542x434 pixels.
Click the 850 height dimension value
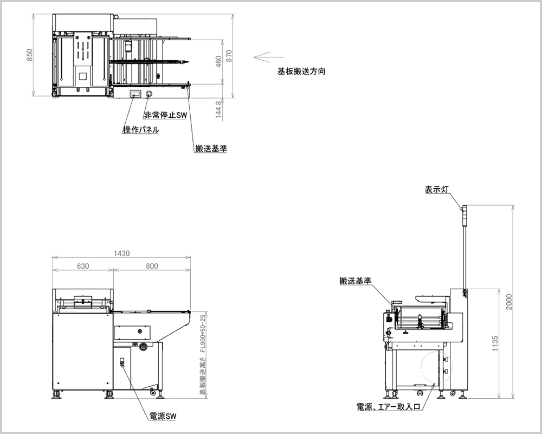coord(30,55)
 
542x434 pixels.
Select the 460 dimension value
coord(218,62)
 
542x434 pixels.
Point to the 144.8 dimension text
coord(218,109)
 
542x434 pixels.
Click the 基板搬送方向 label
coord(301,71)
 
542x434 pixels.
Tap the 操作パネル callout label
coord(141,130)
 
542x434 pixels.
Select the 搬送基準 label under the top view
coord(211,148)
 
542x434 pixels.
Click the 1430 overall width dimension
coord(122,253)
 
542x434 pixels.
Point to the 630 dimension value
coord(82,266)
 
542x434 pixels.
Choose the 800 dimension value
coord(152,266)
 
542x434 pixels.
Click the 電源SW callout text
coord(163,417)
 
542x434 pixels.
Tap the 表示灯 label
coord(437,189)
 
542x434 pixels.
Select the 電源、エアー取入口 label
coord(388,406)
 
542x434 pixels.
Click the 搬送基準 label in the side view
coord(355,280)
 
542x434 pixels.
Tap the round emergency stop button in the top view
coord(149,94)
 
